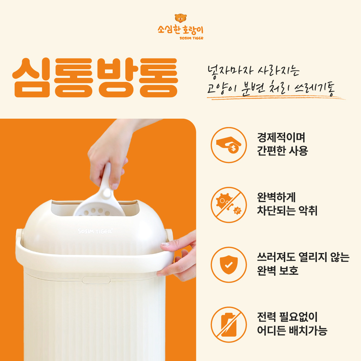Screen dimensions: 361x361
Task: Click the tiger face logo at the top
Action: (x=180, y=18)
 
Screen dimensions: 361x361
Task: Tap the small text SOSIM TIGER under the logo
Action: (x=191, y=38)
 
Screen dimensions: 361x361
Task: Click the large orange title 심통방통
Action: (x=95, y=77)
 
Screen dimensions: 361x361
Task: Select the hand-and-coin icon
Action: (x=229, y=145)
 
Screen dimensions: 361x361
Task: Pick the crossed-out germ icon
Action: (x=229, y=205)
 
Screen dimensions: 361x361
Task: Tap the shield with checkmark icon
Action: (x=229, y=265)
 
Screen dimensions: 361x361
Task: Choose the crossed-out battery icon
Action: (x=229, y=325)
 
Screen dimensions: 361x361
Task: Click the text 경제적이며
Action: (x=281, y=137)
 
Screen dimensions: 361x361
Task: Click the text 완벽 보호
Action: (x=278, y=270)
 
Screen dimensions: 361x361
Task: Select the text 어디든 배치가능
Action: (x=292, y=330)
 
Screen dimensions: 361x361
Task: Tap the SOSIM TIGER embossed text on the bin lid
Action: (x=95, y=231)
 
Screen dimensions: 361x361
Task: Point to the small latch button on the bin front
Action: (x=96, y=280)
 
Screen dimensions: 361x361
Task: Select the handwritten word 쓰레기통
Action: (x=315, y=89)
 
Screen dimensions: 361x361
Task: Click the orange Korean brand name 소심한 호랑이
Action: (x=180, y=29)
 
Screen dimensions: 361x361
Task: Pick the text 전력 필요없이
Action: (x=287, y=317)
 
